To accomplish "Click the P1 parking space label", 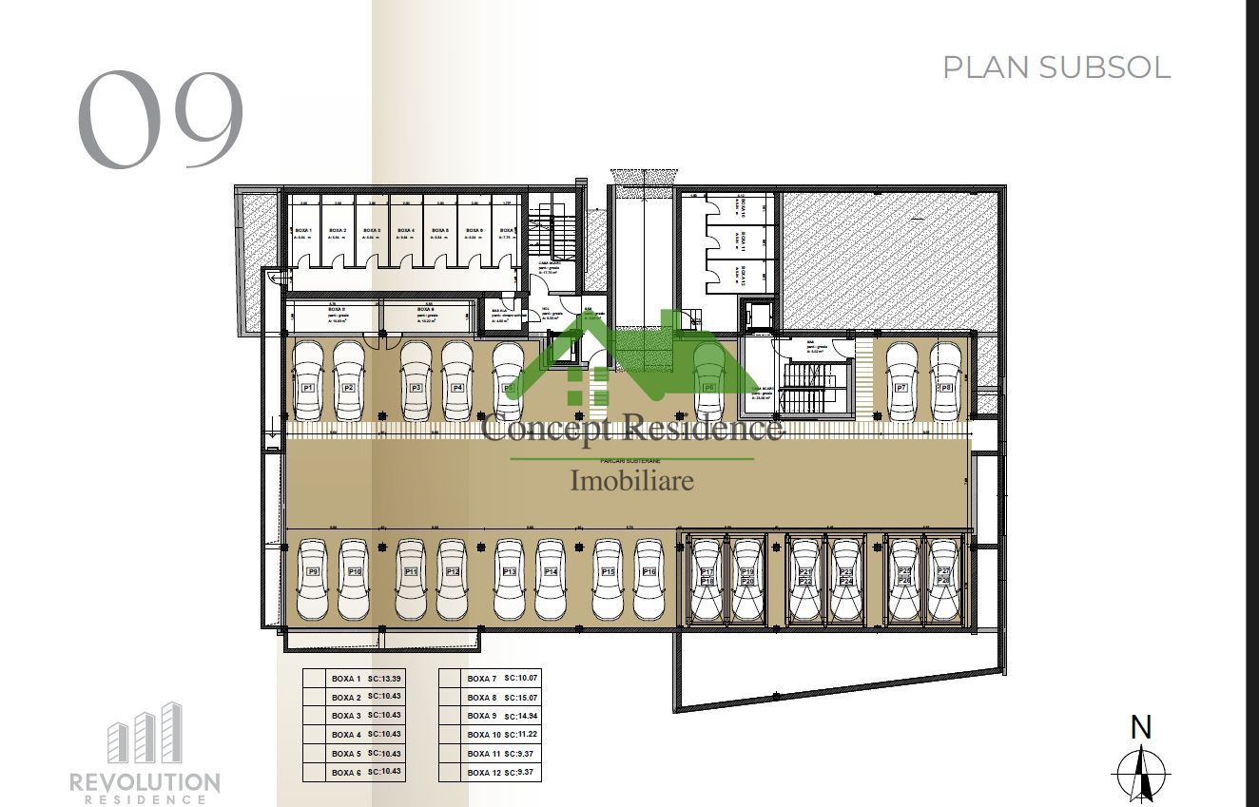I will [307, 388].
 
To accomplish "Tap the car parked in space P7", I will [901, 380].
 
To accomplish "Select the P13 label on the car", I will [509, 571].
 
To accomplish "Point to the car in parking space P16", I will [649, 579].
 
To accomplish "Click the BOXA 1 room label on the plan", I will [303, 231].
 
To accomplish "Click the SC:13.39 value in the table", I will [385, 679].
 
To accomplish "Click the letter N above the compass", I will [1140, 728].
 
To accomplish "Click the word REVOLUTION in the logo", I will [145, 782].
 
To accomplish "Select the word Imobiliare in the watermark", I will [631, 480].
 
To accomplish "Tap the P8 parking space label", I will [944, 388].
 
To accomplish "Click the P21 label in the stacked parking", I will [805, 571].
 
